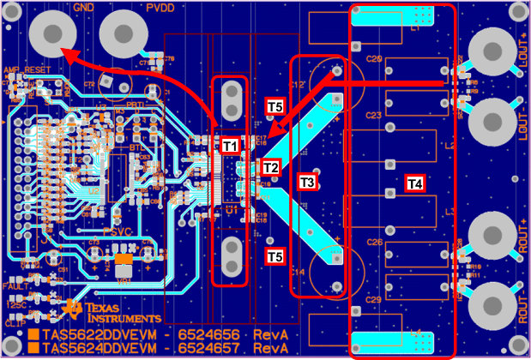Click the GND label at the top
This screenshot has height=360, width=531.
pos(84,7)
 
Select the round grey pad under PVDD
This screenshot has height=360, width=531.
pos(124,35)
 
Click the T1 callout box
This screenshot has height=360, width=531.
pos(230,146)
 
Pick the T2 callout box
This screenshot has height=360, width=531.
pos(270,166)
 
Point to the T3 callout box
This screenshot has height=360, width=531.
pos(307,181)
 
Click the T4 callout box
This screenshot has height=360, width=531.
pos(414,183)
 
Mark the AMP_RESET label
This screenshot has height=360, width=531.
pos(21,68)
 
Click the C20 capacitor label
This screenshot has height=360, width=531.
pos(374,60)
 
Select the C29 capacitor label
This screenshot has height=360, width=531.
pos(374,299)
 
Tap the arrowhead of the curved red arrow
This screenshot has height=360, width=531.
pos(63,54)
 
